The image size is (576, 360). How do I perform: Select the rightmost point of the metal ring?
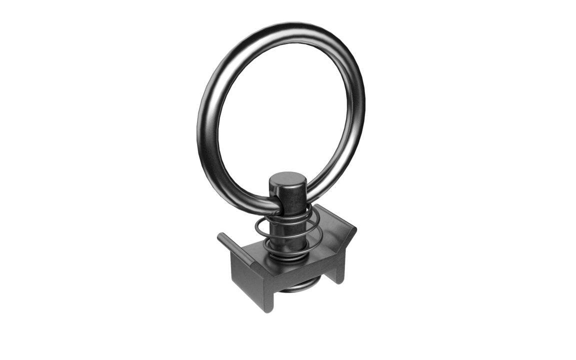click(364, 100)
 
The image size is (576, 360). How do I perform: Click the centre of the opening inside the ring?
click(282, 110)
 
